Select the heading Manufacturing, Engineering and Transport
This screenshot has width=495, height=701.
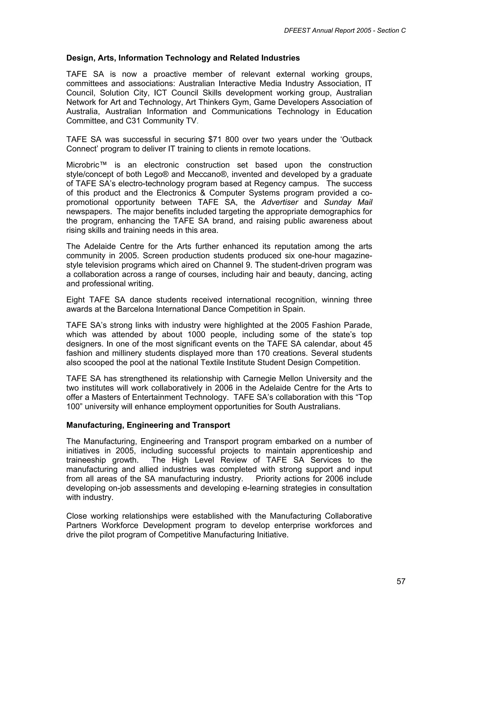[148, 425]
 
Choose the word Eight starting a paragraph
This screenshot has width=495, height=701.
[75, 300]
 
